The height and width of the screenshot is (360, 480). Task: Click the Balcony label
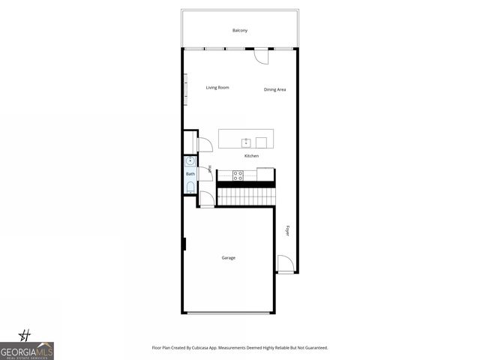[240, 30]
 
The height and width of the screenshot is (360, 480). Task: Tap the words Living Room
[217, 88]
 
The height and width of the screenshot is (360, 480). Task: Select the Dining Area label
[275, 90]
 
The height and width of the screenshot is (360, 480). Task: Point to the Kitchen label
[251, 156]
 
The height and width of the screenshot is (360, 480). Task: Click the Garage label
[229, 258]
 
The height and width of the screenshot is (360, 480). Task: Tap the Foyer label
[287, 231]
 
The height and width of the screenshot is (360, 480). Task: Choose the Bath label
[190, 174]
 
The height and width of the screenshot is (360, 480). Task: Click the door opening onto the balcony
[260, 55]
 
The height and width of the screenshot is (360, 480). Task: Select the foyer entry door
[285, 264]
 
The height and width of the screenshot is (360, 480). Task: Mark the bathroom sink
[190, 160]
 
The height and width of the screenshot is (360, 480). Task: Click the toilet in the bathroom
[190, 187]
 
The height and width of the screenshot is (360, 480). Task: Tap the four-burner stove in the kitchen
[238, 175]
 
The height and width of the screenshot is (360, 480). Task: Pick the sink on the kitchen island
[245, 142]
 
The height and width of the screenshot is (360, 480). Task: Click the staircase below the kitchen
[246, 196]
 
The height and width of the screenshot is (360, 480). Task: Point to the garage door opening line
[229, 313]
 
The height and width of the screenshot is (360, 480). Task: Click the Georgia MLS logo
[27, 349]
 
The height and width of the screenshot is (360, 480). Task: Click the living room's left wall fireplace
[185, 89]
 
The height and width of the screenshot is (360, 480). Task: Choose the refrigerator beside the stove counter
[265, 175]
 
